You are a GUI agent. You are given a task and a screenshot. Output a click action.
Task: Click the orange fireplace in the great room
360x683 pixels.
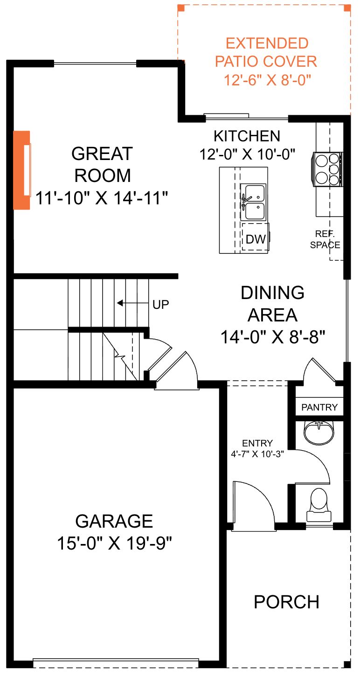click(x=21, y=170)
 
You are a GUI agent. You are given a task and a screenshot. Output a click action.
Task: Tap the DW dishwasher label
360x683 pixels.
click(x=256, y=239)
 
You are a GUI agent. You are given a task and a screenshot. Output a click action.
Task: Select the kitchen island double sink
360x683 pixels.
click(x=253, y=202)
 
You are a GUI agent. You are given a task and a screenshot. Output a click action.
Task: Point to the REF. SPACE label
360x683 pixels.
click(x=325, y=239)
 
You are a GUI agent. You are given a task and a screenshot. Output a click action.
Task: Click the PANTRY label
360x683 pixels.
click(x=319, y=407)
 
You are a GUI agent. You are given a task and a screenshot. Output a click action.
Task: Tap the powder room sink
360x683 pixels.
click(x=319, y=432)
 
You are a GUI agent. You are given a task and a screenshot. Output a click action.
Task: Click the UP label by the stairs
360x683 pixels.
click(x=160, y=304)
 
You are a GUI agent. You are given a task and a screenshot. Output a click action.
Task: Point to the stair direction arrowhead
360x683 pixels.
click(x=120, y=303)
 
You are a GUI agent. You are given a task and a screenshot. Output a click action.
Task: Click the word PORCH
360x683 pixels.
click(x=286, y=602)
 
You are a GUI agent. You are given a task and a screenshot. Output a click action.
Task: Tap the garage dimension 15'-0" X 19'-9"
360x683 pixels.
click(x=115, y=543)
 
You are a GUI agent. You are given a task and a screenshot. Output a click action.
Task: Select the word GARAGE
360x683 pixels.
click(x=114, y=521)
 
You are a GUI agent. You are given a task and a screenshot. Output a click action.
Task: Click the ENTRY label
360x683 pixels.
click(x=257, y=443)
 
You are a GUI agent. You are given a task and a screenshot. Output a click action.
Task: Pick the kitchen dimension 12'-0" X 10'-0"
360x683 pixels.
click(x=247, y=154)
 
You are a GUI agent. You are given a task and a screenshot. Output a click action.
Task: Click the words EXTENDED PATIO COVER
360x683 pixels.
click(x=266, y=52)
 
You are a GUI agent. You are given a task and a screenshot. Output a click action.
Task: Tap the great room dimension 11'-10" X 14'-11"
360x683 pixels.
click(x=102, y=198)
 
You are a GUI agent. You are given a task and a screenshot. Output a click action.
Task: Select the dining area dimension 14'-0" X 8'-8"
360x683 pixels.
click(x=273, y=337)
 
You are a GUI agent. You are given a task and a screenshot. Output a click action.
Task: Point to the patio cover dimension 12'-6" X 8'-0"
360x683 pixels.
click(x=267, y=80)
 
